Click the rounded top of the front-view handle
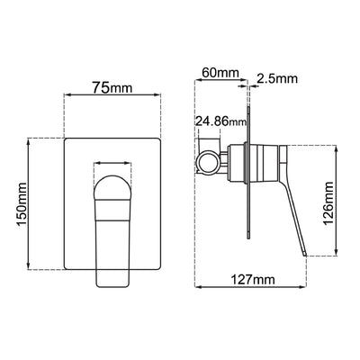pos(113,183)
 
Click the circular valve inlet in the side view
pos(209,161)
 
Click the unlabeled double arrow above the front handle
pos(113,166)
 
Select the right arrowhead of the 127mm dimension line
pos(308,288)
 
